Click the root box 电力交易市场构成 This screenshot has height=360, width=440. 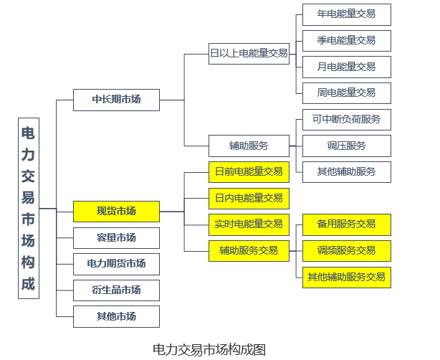[x=28, y=208]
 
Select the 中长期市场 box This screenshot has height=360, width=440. [x=116, y=100]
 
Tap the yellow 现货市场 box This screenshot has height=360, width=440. [x=116, y=211]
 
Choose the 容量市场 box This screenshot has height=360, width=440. [x=116, y=237]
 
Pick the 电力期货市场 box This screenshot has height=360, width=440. [x=116, y=264]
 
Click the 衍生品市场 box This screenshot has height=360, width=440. [x=116, y=290]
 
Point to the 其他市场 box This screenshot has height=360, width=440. [x=116, y=316]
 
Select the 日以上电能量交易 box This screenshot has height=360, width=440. [x=249, y=53]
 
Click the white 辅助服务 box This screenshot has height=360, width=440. [x=249, y=146]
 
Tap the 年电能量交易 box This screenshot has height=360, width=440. [x=346, y=14]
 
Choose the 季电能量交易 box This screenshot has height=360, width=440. [x=346, y=40]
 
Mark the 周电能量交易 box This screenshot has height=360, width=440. [x=346, y=93]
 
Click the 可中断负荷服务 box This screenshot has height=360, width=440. [x=346, y=119]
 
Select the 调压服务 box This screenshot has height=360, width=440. [x=346, y=146]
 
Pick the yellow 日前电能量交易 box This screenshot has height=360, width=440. [x=249, y=171]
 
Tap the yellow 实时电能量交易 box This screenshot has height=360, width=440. [x=249, y=224]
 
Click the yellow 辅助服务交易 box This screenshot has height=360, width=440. [x=249, y=250]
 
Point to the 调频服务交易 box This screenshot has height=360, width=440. [x=346, y=250]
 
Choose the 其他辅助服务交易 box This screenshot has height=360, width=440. [x=346, y=277]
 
